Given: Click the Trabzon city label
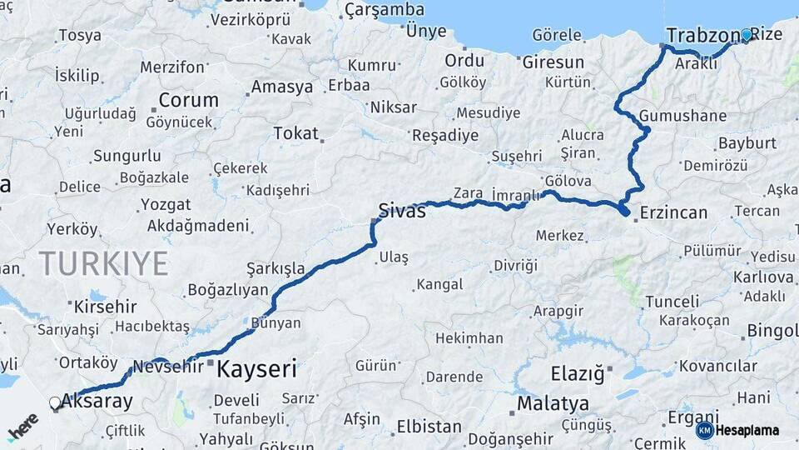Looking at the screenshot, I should pyautogui.click(x=702, y=36).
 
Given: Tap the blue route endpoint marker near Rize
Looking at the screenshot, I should pyautogui.click(x=747, y=35).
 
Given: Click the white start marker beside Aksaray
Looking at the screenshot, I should pyautogui.click(x=55, y=403).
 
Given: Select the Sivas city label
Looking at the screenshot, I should pyautogui.click(x=402, y=211).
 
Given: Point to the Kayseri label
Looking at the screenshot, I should pyautogui.click(x=256, y=368).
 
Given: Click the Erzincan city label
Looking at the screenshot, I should pyautogui.click(x=673, y=212).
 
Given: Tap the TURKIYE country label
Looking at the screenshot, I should pyautogui.click(x=104, y=263).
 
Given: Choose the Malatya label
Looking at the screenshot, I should pyautogui.click(x=553, y=404).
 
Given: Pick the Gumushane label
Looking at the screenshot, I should pyautogui.click(x=683, y=116).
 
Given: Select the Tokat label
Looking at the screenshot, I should pyautogui.click(x=295, y=133).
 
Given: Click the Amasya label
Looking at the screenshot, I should pyautogui.click(x=282, y=87).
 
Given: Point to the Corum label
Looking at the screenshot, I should pyautogui.click(x=188, y=100).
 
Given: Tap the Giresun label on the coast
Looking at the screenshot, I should pyautogui.click(x=553, y=62).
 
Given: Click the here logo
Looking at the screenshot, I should pyautogui.click(x=23, y=427).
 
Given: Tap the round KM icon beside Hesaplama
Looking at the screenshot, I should pyautogui.click(x=704, y=430).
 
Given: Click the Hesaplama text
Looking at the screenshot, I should pyautogui.click(x=748, y=430).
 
